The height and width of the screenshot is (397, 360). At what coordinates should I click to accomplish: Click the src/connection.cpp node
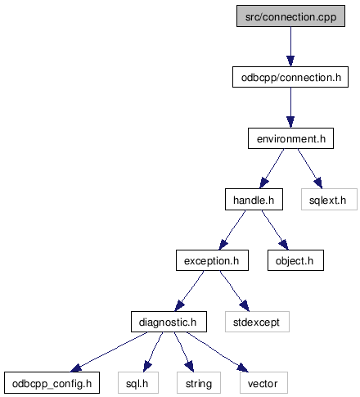(x=290, y=16)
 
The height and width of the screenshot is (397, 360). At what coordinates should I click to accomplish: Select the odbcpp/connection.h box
(x=290, y=77)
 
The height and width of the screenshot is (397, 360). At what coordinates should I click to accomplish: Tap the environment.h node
(x=290, y=138)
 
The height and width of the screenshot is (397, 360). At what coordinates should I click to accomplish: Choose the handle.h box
(x=254, y=200)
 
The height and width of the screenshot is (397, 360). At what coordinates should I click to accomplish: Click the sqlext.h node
(x=329, y=200)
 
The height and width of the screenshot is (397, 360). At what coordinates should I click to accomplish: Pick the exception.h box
(x=212, y=260)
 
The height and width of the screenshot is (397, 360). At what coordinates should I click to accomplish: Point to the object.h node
(x=295, y=260)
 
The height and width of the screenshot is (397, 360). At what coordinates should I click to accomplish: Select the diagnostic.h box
(x=169, y=322)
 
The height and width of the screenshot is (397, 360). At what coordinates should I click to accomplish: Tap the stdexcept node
(x=257, y=322)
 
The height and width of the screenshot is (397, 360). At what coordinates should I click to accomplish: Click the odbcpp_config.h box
(x=52, y=383)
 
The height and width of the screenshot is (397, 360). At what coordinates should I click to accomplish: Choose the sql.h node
(x=138, y=383)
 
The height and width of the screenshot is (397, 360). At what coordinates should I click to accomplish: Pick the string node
(x=199, y=383)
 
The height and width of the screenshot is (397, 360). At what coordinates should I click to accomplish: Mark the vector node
(x=263, y=383)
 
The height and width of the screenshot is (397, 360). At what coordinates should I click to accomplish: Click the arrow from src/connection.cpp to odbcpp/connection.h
(x=290, y=47)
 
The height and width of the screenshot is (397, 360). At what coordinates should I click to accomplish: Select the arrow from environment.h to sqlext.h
(x=310, y=169)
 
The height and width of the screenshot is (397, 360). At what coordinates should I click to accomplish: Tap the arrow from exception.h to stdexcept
(x=235, y=291)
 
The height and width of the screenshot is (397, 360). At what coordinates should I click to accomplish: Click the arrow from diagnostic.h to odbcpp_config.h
(x=109, y=352)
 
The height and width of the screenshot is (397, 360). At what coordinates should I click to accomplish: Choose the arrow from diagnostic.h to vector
(x=218, y=352)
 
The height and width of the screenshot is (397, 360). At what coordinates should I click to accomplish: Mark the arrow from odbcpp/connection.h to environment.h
(x=290, y=108)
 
